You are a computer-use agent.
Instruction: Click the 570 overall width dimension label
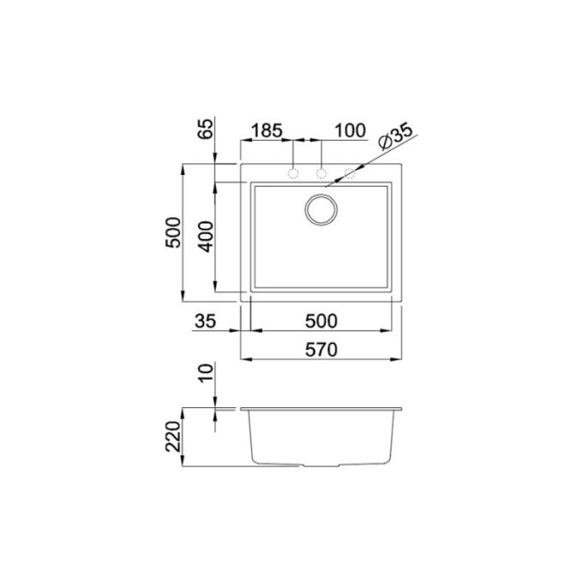point(322,350)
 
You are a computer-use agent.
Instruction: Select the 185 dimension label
point(267,131)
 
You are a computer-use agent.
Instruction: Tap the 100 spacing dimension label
point(350,131)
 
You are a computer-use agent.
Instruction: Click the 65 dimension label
point(207,129)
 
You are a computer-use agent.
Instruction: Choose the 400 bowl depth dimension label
point(206,237)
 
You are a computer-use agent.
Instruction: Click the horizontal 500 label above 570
point(322,322)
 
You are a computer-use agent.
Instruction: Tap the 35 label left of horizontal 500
point(205,322)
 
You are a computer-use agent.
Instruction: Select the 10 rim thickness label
point(207,373)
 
